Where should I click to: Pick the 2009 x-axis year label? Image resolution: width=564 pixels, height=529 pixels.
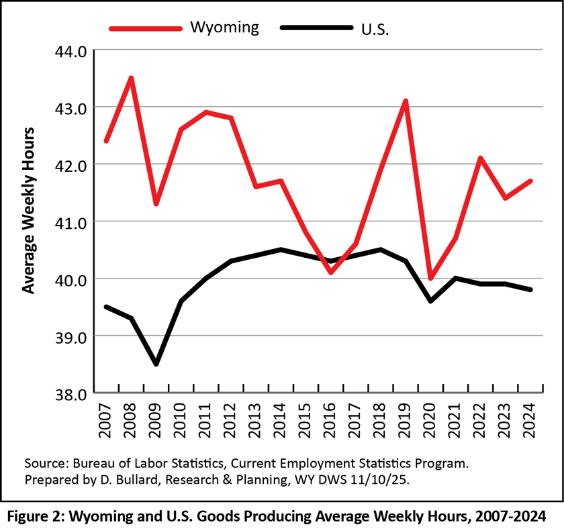(x=156, y=421)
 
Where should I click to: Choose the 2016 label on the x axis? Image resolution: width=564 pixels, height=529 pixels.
(x=330, y=421)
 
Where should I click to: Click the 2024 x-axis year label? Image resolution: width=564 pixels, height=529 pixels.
(x=530, y=421)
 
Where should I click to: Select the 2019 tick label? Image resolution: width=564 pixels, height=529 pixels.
(x=406, y=421)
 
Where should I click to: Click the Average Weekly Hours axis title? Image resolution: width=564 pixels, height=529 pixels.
(x=28, y=209)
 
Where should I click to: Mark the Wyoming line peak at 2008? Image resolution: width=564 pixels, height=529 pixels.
(x=132, y=79)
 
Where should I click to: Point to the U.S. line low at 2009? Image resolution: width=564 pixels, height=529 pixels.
(x=156, y=364)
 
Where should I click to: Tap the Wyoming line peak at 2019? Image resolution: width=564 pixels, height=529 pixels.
(x=406, y=101)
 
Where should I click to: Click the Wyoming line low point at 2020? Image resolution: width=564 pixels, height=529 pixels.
(x=430, y=278)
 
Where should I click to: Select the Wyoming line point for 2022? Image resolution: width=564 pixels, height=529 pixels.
(x=481, y=158)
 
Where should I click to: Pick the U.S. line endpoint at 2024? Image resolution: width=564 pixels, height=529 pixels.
(x=530, y=289)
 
